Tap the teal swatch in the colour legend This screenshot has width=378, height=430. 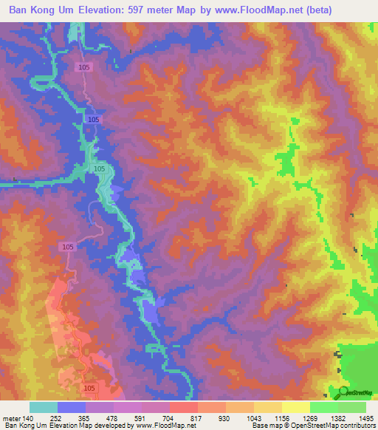44,407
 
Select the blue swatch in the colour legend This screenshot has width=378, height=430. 72,407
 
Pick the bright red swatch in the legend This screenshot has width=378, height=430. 184,407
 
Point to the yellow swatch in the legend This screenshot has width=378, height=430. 296,407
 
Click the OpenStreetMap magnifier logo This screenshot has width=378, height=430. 343,392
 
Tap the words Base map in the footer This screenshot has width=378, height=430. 266,426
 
